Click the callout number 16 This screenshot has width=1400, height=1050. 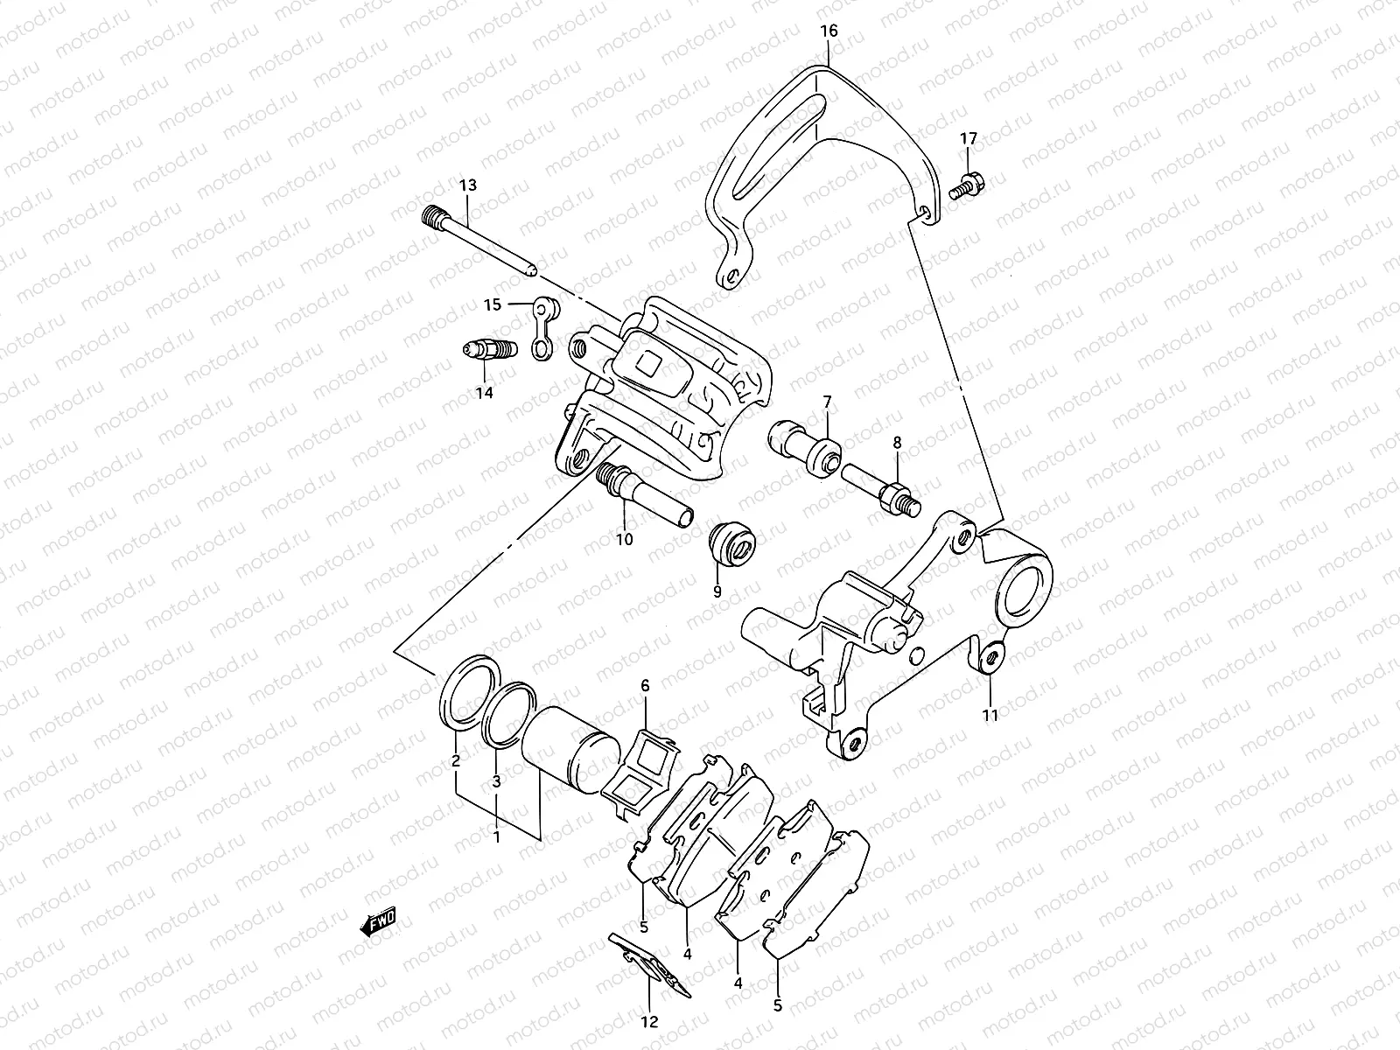tap(829, 31)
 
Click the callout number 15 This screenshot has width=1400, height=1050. tap(493, 304)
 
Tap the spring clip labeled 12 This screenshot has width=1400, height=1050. tap(649, 966)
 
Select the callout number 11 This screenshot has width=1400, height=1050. tap(990, 714)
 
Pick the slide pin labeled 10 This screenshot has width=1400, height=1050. tap(644, 496)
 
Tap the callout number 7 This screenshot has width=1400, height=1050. tap(827, 402)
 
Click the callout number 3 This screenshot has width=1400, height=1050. tap(496, 781)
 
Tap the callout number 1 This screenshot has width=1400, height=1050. tap(496, 837)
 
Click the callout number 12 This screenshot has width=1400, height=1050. tap(649, 1021)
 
